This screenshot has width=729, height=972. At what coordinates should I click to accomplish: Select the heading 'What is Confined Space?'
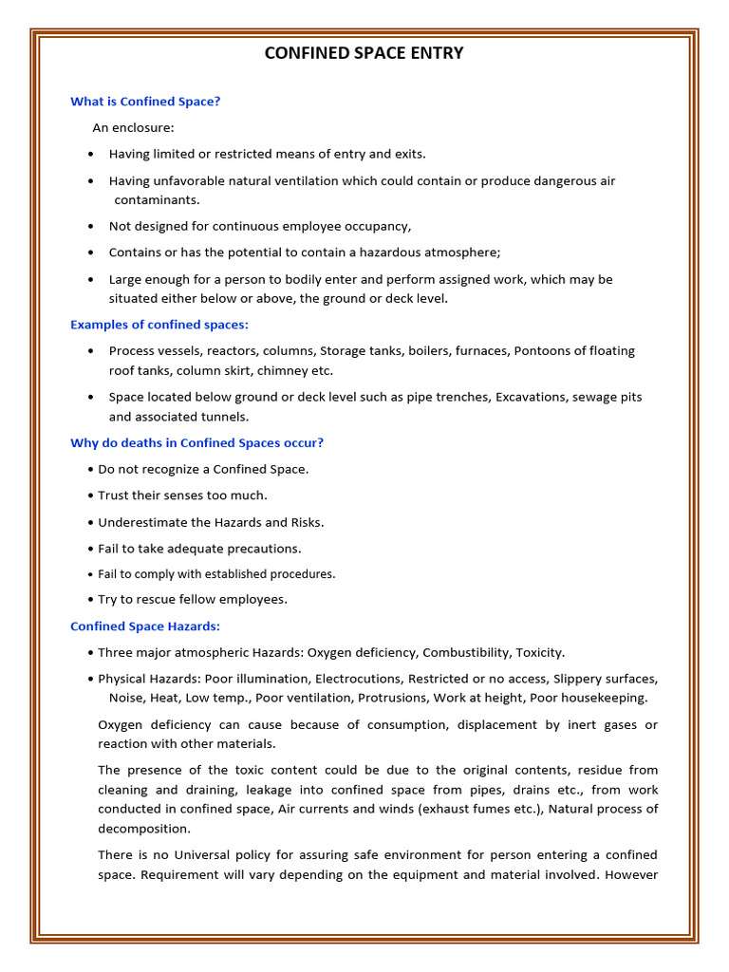point(145,102)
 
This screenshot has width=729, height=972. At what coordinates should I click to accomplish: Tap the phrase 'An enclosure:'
point(133,127)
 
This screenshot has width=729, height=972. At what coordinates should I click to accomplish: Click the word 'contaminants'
point(157,200)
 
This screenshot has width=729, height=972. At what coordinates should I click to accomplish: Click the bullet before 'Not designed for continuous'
point(90,227)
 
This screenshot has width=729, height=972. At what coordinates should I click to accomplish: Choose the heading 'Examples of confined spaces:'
point(159,325)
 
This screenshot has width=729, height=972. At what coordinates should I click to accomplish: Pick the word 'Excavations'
point(529,397)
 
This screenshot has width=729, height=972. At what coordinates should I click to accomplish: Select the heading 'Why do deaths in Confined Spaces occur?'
point(196,443)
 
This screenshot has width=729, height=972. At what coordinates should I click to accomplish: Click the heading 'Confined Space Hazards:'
point(145,626)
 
